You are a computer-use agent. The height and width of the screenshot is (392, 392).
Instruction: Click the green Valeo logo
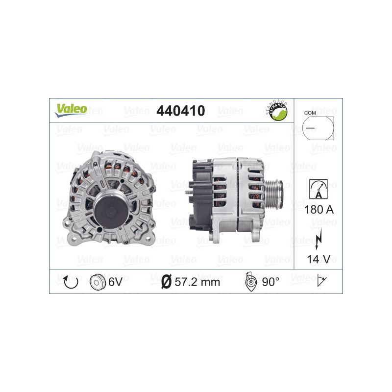71,110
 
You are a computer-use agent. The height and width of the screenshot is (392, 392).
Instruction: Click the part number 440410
180,111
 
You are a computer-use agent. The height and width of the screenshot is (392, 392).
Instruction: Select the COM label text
310,113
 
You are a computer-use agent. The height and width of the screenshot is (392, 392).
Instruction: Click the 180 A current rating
318,209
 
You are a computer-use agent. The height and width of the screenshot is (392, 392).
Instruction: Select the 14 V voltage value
318,258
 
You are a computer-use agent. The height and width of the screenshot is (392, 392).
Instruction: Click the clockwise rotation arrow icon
71,282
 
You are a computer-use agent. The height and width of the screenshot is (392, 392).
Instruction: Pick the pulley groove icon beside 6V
98,282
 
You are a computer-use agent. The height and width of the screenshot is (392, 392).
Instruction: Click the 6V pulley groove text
116,282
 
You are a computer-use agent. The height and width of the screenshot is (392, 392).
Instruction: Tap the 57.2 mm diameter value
197,282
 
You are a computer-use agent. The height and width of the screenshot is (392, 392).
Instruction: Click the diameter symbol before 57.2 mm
166,282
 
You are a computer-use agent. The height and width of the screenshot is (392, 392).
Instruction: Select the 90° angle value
270,282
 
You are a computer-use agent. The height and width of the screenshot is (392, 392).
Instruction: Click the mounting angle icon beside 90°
250,282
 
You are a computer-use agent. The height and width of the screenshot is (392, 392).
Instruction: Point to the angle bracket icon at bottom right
322,281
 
